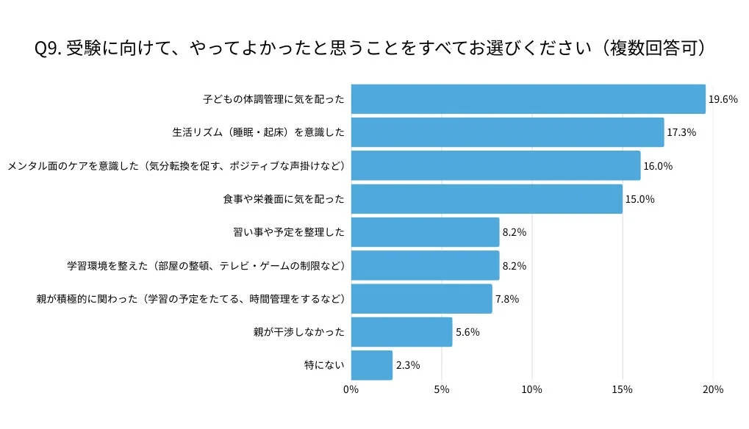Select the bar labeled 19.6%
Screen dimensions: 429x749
tap(528, 99)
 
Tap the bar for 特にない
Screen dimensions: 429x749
tap(371, 365)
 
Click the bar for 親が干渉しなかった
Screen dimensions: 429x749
tap(401, 332)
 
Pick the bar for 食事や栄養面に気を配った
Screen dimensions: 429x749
tap(487, 199)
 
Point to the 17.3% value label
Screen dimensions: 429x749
tap(681, 133)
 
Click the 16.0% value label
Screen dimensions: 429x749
tap(658, 166)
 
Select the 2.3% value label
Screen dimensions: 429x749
tap(407, 365)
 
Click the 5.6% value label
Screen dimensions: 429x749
tap(467, 332)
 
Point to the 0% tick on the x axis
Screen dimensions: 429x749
tap(351, 389)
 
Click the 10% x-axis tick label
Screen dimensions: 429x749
tap(532, 389)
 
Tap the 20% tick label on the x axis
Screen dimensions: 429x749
tap(713, 389)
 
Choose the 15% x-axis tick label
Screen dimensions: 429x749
tap(623, 389)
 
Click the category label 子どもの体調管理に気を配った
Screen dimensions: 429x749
tap(273, 99)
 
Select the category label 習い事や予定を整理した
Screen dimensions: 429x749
tap(288, 232)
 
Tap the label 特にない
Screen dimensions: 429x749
tap(324, 365)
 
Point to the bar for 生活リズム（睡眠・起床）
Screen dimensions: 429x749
tap(507, 133)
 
